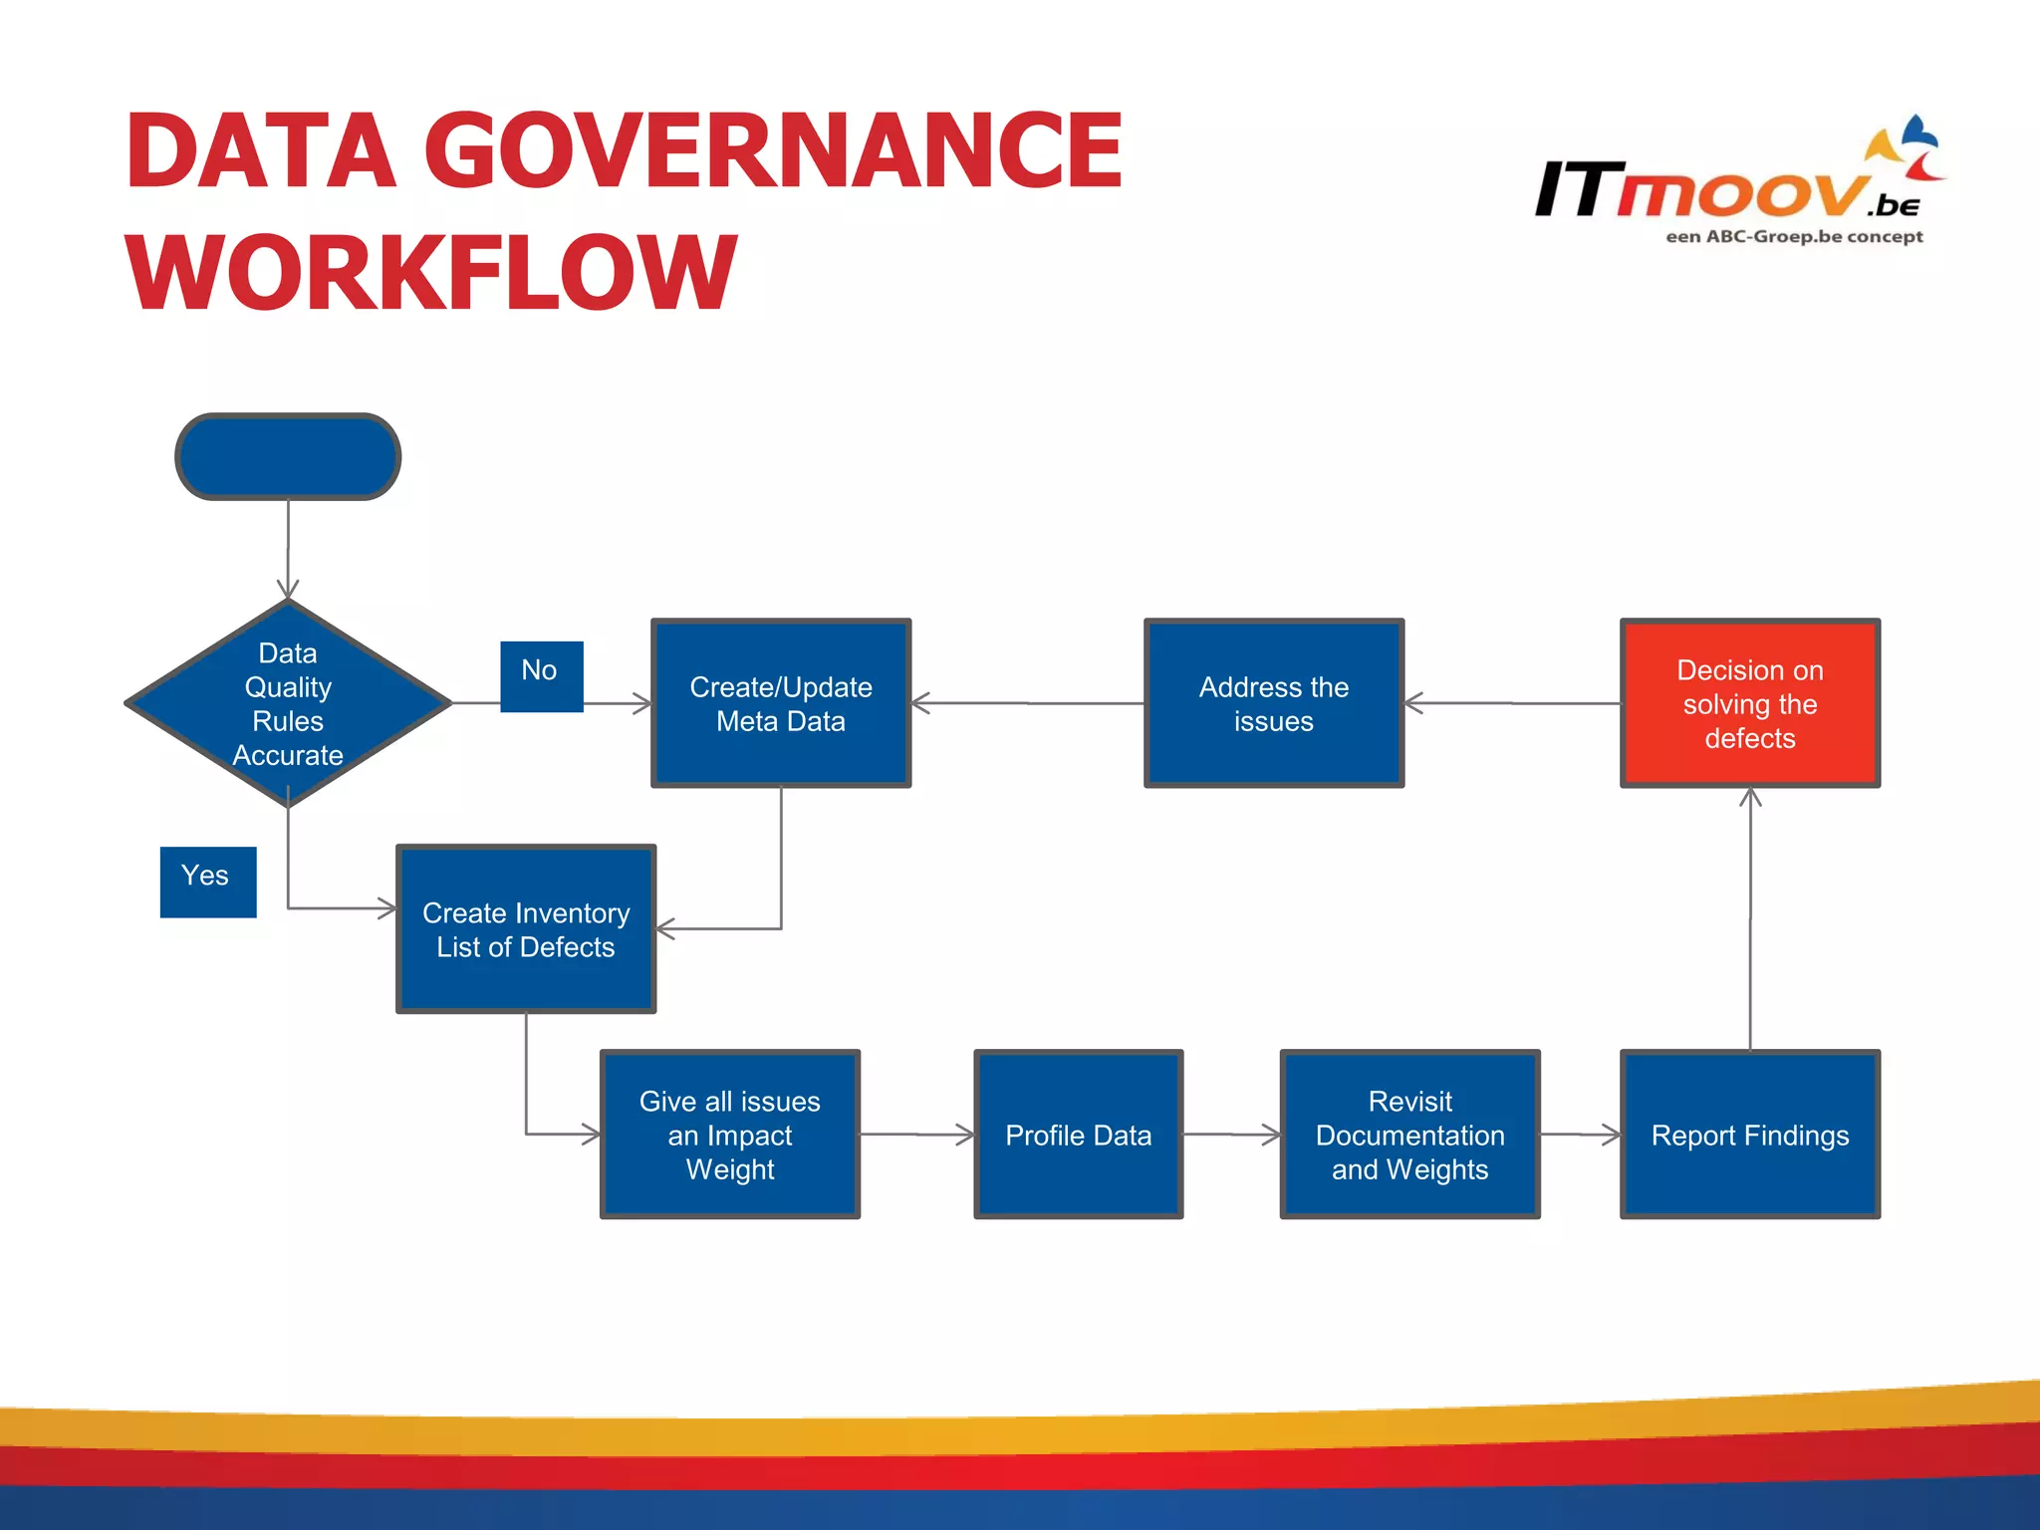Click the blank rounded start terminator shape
[288, 456]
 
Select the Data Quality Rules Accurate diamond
[288, 703]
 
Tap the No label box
[541, 675]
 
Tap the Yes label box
[207, 882]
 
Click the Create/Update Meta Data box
[781, 703]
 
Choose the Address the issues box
[1273, 703]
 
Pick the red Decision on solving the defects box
[1749, 703]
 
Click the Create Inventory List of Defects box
[526, 929]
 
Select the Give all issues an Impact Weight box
[729, 1134]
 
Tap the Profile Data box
[1078, 1134]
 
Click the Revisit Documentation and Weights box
[1409, 1134]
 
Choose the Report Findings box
[1749, 1134]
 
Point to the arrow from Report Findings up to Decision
[1750, 916]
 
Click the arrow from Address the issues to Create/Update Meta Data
[1026, 703]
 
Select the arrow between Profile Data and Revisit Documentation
[1231, 1134]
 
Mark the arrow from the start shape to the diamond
[288, 548]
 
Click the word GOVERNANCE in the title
[772, 151]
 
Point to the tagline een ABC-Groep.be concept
[1793, 237]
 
